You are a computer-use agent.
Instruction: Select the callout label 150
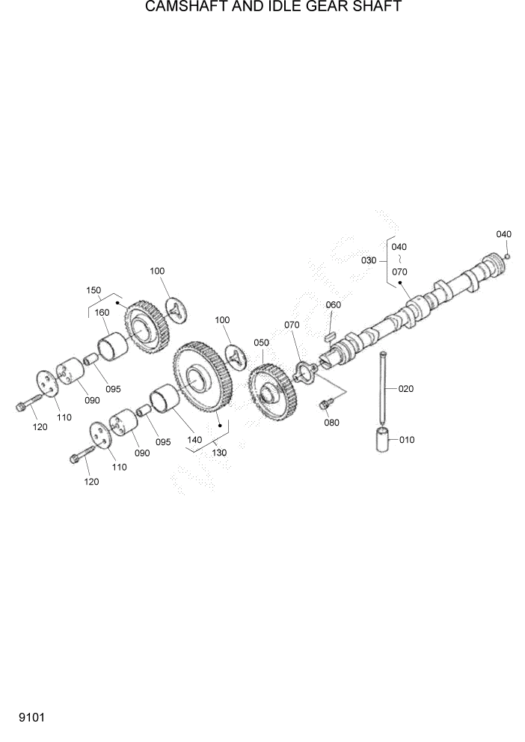point(93,290)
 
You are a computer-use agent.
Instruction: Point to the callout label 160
point(102,313)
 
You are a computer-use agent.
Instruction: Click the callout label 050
point(261,343)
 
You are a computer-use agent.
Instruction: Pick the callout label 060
point(333,304)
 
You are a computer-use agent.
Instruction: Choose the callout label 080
point(331,423)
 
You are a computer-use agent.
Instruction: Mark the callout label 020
point(405,389)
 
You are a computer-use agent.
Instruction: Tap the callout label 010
point(406,440)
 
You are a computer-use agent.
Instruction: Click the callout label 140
point(194,440)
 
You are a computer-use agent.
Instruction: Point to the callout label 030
point(369,260)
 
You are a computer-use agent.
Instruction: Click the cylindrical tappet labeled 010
point(384,438)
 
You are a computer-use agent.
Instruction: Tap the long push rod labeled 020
point(383,385)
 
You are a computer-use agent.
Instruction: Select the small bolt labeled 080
point(325,405)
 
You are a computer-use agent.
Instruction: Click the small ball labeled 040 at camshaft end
point(507,257)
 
